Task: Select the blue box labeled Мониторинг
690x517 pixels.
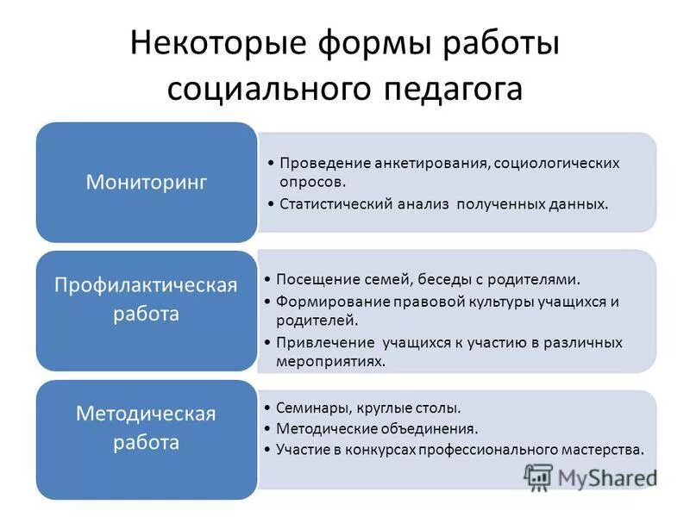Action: click(x=146, y=182)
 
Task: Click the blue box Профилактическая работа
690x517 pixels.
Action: click(x=146, y=298)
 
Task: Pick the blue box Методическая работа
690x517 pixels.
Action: click(x=146, y=428)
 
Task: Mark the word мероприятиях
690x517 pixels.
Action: click(x=330, y=362)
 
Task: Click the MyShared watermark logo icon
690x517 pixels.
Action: click(x=537, y=477)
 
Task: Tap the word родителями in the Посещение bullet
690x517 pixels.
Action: click(x=536, y=279)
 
